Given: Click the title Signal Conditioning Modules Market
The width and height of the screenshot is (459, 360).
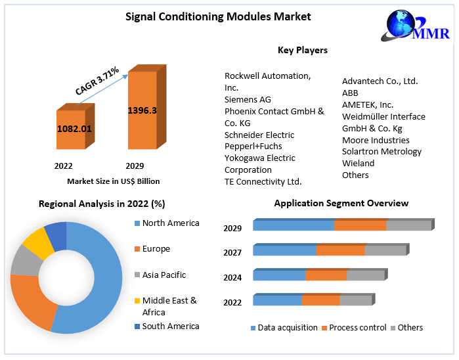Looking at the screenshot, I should (x=218, y=16).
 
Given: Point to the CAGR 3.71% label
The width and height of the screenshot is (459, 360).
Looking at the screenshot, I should (x=97, y=81).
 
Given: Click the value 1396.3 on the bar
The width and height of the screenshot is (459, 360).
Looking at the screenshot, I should (x=142, y=110).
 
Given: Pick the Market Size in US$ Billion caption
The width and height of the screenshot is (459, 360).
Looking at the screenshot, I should (x=113, y=181).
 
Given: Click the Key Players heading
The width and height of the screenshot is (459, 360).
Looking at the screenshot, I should (x=303, y=50).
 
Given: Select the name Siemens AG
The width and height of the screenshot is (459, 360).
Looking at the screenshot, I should (x=248, y=99).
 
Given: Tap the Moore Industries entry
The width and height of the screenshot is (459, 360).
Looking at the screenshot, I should (x=376, y=140).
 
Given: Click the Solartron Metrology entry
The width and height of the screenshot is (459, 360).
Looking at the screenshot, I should (x=382, y=152).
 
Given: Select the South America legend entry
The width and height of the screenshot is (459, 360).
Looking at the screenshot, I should (x=170, y=326).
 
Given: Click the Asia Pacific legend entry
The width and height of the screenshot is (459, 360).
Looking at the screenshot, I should (x=164, y=275).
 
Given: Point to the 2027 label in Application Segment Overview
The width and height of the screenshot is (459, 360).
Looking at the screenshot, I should (x=232, y=253).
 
